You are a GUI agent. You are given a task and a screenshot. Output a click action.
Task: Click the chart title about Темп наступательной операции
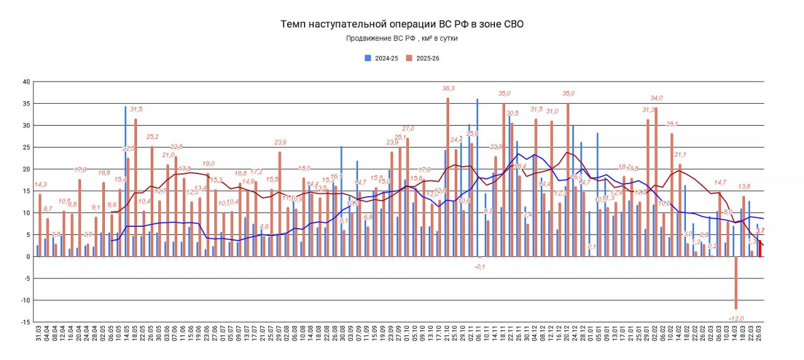(401, 24)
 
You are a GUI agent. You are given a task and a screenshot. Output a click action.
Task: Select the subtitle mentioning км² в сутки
(401, 38)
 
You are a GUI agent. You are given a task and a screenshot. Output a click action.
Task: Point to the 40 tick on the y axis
(26, 82)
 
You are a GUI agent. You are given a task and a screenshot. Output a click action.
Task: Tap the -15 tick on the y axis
(25, 322)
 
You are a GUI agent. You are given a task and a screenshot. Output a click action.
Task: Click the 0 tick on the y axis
(28, 256)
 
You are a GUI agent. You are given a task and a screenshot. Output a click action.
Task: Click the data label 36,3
(448, 89)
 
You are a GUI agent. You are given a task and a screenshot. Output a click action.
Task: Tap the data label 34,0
(656, 98)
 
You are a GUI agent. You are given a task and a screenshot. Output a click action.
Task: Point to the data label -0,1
(480, 266)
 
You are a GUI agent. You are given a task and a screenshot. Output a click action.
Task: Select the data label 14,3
(40, 184)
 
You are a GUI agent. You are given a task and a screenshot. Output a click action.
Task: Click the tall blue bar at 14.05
(126, 182)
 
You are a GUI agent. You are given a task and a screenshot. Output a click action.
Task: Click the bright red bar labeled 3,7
(759, 248)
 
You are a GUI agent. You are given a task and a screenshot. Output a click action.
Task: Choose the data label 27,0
(408, 129)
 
